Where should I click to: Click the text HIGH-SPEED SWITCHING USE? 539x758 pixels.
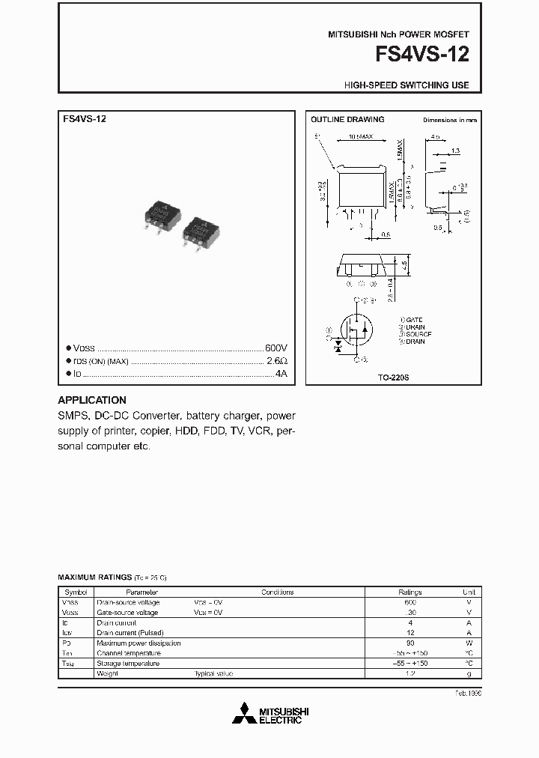406,85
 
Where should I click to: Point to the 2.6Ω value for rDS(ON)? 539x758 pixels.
278,361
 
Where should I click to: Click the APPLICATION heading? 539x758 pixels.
92,400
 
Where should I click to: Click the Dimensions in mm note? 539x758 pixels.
449,120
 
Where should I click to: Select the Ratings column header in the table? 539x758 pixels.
409,592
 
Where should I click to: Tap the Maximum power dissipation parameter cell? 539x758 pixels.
138,643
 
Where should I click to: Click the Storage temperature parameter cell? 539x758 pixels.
128,664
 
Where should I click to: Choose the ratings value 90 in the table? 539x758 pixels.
409,643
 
